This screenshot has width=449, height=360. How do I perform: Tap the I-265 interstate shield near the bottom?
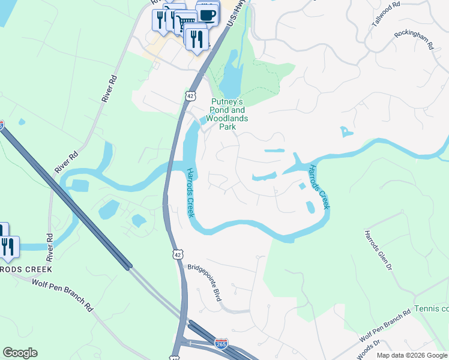pyautogui.click(x=220, y=343)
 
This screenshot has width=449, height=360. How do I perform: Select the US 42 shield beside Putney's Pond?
pyautogui.click(x=190, y=96)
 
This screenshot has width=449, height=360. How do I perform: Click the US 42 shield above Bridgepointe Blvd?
pyautogui.click(x=177, y=255)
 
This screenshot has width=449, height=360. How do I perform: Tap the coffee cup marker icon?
pyautogui.click(x=207, y=14)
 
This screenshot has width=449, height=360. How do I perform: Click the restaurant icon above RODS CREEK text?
pyautogui.click(x=8, y=247)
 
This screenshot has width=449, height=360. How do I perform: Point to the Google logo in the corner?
pyautogui.click(x=20, y=352)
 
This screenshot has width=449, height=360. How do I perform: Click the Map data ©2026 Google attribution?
pyautogui.click(x=412, y=355)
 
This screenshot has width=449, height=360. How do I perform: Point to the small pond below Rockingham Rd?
pyautogui.click(x=346, y=131)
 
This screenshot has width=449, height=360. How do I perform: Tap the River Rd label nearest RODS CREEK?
pyautogui.click(x=50, y=247)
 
